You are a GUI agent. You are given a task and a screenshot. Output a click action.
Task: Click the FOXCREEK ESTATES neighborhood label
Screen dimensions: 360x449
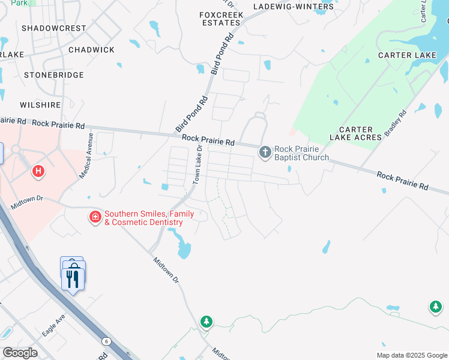coord(220,17)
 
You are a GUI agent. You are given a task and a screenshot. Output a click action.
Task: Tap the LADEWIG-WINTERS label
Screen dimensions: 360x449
coord(293,7)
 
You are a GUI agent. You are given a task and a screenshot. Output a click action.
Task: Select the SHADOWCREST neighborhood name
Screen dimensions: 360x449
coord(53,28)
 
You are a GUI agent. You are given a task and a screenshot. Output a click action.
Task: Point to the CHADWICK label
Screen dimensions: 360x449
coord(91,50)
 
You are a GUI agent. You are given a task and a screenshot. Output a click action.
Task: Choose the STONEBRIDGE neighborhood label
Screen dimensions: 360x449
coord(53,75)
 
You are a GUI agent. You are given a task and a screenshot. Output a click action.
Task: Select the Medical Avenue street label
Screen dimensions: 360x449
coord(86,157)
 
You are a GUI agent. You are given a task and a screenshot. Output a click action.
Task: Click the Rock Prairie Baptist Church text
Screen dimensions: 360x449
coord(302,153)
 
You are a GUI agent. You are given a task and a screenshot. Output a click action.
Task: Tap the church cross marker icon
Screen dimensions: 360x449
coord(265,152)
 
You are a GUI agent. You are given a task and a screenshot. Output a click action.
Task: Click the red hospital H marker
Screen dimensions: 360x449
coord(38,172)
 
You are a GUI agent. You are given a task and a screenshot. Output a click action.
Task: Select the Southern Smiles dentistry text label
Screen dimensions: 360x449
coord(149,218)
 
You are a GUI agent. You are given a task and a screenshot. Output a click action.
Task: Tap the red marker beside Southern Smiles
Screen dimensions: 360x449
coord(94,217)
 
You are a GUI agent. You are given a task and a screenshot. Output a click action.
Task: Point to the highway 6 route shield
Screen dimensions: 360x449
coord(106,341)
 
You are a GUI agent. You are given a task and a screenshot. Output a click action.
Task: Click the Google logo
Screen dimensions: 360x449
coord(20,353)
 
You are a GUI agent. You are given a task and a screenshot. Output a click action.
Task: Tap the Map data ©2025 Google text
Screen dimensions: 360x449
coord(412,355)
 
